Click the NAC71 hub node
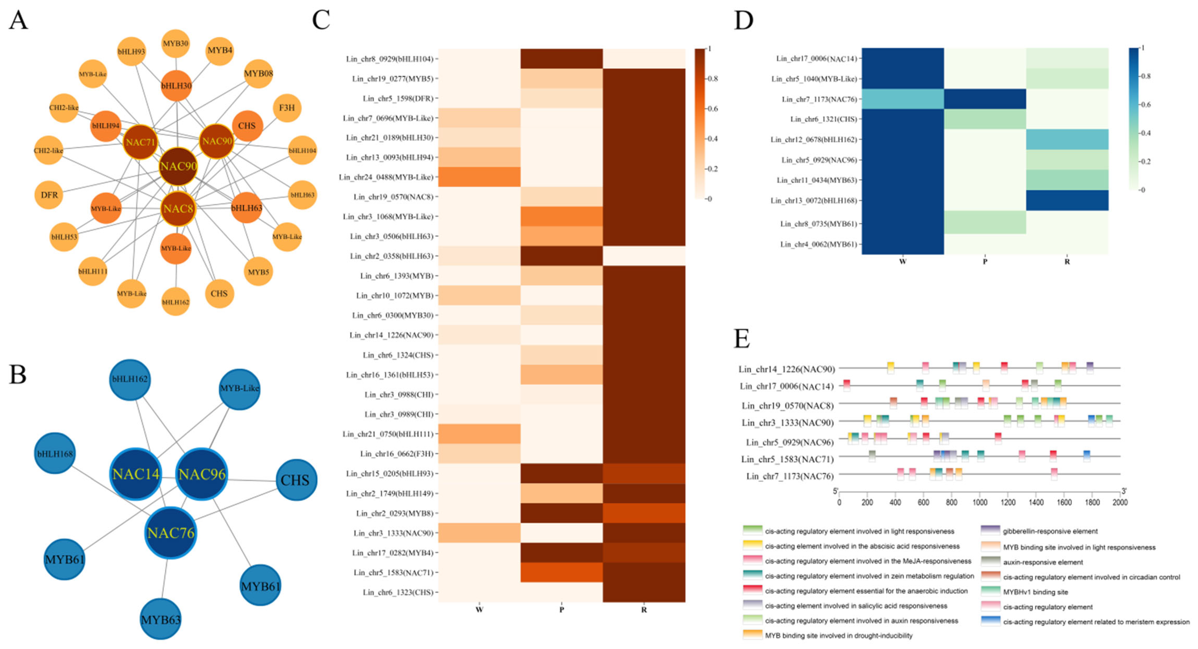(x=140, y=142)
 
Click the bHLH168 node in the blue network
(x=55, y=454)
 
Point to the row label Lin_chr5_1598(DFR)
(x=398, y=99)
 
